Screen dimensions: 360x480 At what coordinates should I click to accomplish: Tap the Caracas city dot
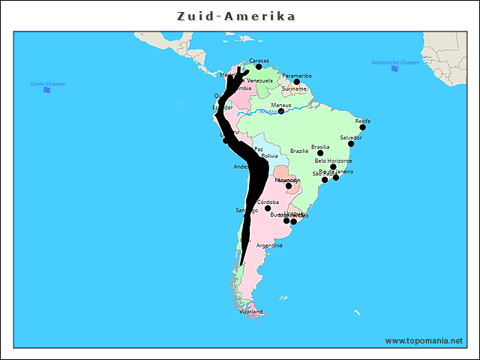click(259, 67)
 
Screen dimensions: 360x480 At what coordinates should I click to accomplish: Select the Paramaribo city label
click(297, 76)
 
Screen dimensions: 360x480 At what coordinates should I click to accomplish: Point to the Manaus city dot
click(281, 112)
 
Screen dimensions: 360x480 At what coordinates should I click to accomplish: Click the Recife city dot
click(363, 127)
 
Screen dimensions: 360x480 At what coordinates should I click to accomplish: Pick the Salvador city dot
click(351, 144)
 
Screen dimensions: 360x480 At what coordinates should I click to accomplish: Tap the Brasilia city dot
click(320, 153)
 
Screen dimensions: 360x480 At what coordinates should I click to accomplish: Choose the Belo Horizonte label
click(333, 160)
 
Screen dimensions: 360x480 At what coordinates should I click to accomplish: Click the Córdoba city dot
click(268, 208)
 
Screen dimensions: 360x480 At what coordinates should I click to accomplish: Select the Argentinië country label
click(269, 245)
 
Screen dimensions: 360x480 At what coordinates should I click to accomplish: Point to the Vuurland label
click(251, 311)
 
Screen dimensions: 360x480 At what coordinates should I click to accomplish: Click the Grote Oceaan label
click(47, 83)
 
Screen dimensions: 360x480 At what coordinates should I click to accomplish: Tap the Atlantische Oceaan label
click(395, 62)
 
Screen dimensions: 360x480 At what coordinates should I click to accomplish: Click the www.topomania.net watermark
click(424, 340)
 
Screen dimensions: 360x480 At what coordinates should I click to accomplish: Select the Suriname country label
click(294, 88)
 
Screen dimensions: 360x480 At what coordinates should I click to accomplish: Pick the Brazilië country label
click(299, 151)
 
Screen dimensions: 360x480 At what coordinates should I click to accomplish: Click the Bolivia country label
click(269, 156)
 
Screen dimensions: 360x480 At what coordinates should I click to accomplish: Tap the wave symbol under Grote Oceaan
click(47, 90)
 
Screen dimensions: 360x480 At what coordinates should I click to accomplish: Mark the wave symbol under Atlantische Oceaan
click(394, 69)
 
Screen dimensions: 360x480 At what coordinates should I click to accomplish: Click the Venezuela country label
click(259, 80)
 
